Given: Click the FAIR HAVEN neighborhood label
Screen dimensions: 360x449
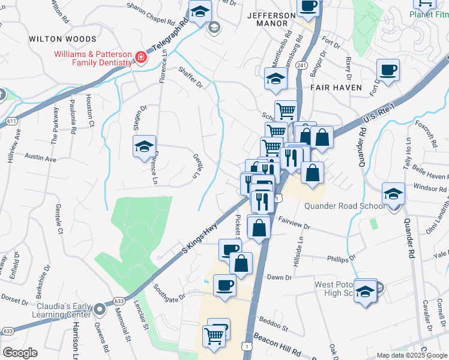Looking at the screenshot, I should [x=336, y=88].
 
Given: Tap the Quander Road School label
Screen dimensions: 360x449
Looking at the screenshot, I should [x=344, y=206].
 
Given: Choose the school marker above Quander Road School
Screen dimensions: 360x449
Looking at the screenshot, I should [x=393, y=194].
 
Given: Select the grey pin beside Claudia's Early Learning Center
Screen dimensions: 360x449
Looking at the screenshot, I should [x=99, y=309].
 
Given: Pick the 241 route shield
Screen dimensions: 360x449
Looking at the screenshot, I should [x=301, y=65].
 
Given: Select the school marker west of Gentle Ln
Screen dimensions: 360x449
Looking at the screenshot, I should [x=144, y=147].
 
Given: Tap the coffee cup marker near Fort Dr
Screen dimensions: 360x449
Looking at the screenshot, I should [x=388, y=70].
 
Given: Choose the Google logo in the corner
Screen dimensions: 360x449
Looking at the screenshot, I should [x=20, y=353].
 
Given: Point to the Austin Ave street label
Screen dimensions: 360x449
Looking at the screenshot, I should [x=40, y=158].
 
